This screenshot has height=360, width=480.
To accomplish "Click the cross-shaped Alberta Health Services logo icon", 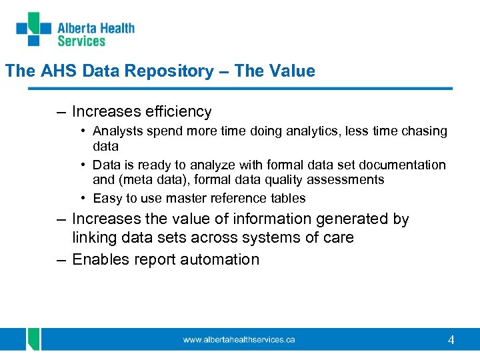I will (33, 29).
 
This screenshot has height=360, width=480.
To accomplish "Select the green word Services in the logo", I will (81, 41).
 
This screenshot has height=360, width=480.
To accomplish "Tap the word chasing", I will (423, 131).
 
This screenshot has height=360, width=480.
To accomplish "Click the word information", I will (257, 219).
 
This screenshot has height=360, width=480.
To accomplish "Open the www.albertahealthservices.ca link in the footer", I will (239, 340).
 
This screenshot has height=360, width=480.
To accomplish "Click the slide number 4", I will (451, 340).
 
